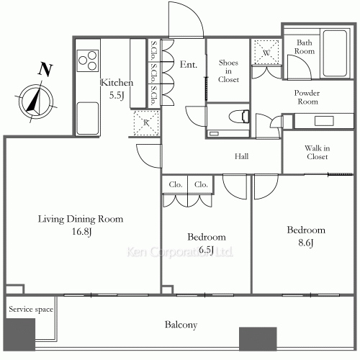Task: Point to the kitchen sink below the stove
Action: (x=88, y=115)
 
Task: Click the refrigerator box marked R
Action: (x=145, y=123)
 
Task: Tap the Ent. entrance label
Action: (x=189, y=63)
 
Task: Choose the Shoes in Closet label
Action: (x=228, y=71)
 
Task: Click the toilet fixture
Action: (x=234, y=117)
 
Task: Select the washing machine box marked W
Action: (x=266, y=53)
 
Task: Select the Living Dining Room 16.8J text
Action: (x=81, y=224)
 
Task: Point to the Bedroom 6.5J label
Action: (x=207, y=243)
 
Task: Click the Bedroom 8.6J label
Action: (x=306, y=236)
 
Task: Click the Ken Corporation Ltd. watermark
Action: (x=180, y=252)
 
